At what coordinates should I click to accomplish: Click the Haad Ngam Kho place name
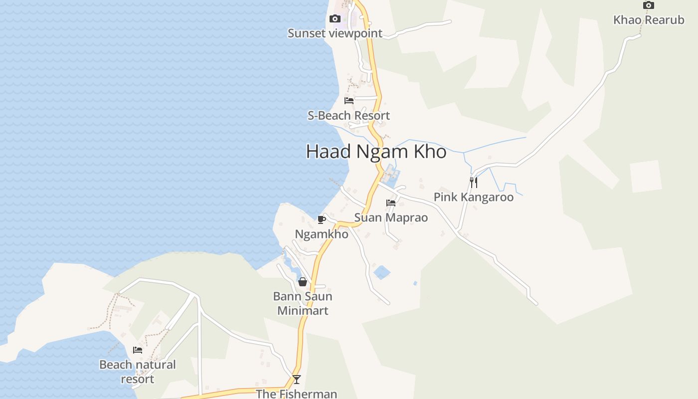tap(376, 151)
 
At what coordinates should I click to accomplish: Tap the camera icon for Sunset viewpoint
tap(335, 19)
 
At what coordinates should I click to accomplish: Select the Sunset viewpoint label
tap(335, 33)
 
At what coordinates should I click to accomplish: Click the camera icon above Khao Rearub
tap(648, 5)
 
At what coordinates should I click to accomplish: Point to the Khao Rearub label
tap(648, 20)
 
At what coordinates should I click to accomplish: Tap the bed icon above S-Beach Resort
tap(349, 100)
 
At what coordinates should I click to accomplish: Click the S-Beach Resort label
tap(349, 116)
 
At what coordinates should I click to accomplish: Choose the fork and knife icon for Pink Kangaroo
tap(474, 182)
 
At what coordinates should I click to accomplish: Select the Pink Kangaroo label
tap(473, 197)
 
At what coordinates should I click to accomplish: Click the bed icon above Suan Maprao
tap(391, 203)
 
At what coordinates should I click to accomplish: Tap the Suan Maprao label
tap(391, 217)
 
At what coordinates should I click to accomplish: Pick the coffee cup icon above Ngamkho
tap(322, 219)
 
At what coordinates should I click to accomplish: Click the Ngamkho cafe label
tap(322, 234)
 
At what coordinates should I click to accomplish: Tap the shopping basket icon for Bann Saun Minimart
tap(303, 282)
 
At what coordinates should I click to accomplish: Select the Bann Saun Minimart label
tap(303, 303)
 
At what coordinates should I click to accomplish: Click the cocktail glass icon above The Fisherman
tap(297, 380)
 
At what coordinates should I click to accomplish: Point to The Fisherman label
tap(297, 394)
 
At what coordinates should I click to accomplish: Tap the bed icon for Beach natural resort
tap(138, 350)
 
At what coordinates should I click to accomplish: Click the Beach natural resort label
tap(138, 372)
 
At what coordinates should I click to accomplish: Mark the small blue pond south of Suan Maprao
tap(382, 272)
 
